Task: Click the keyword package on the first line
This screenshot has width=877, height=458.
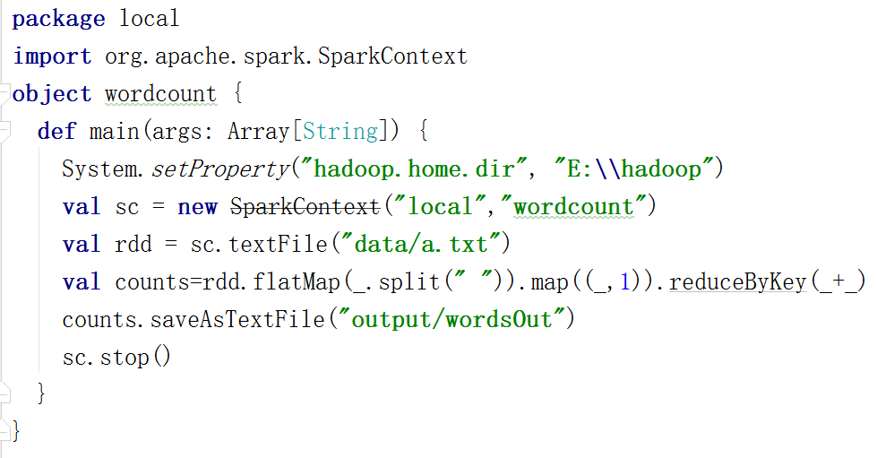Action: click(58, 18)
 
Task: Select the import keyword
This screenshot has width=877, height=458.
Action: click(52, 56)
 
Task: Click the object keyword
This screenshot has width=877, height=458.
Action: click(52, 93)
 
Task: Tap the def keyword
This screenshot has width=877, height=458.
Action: click(56, 131)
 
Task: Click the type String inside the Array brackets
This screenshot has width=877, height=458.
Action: click(340, 131)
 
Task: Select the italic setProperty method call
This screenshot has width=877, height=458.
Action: click(220, 169)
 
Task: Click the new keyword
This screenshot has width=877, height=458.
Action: click(197, 206)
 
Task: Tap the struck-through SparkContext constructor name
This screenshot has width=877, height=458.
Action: click(305, 206)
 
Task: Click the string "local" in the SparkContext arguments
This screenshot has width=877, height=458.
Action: click(441, 206)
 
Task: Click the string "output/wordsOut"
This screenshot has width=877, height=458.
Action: click(452, 319)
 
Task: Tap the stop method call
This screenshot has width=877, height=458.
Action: click(124, 357)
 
